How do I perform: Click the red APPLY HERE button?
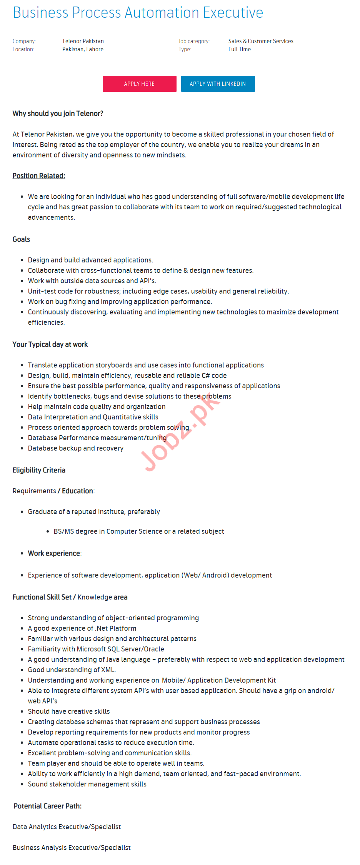139,84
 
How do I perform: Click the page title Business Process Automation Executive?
138,13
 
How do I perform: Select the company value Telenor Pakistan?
83,41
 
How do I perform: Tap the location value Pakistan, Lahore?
83,49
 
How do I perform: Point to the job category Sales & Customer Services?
260,41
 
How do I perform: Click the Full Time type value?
239,49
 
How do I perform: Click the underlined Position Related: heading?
39,176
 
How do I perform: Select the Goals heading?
21,239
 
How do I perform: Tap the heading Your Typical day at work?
50,344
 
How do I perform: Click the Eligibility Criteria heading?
39,470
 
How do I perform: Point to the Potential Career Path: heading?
48,806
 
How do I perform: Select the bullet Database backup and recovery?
76,448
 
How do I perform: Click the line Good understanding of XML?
72,670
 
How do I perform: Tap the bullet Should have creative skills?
69,711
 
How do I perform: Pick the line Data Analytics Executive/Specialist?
67,827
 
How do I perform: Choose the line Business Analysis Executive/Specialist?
72,848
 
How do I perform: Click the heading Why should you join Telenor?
58,114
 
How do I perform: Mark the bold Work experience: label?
55,553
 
